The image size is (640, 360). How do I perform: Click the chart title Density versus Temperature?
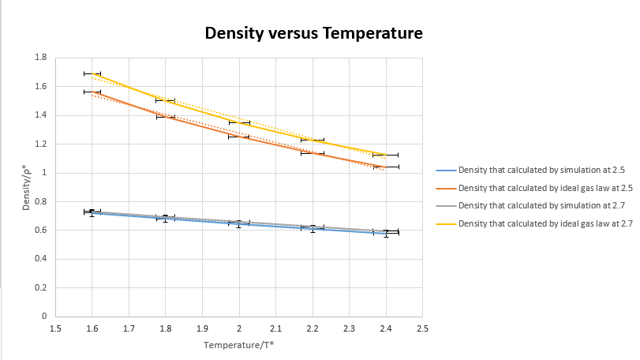coord(314,34)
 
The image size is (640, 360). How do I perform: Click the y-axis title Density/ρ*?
coord(27,187)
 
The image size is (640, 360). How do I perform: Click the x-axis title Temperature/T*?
coord(238,345)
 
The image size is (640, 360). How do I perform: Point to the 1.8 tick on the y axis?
coord(41,58)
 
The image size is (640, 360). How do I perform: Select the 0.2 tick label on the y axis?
coord(41,288)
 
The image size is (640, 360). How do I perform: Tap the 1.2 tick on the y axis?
coord(41,144)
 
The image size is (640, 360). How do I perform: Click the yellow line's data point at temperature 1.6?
coord(92,73)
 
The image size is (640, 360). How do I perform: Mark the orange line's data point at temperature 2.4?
coord(386,167)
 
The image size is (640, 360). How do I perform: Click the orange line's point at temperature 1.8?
coord(166,117)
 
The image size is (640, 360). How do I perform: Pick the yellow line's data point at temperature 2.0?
coord(239,122)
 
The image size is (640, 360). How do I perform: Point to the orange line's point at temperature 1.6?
coord(92,92)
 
